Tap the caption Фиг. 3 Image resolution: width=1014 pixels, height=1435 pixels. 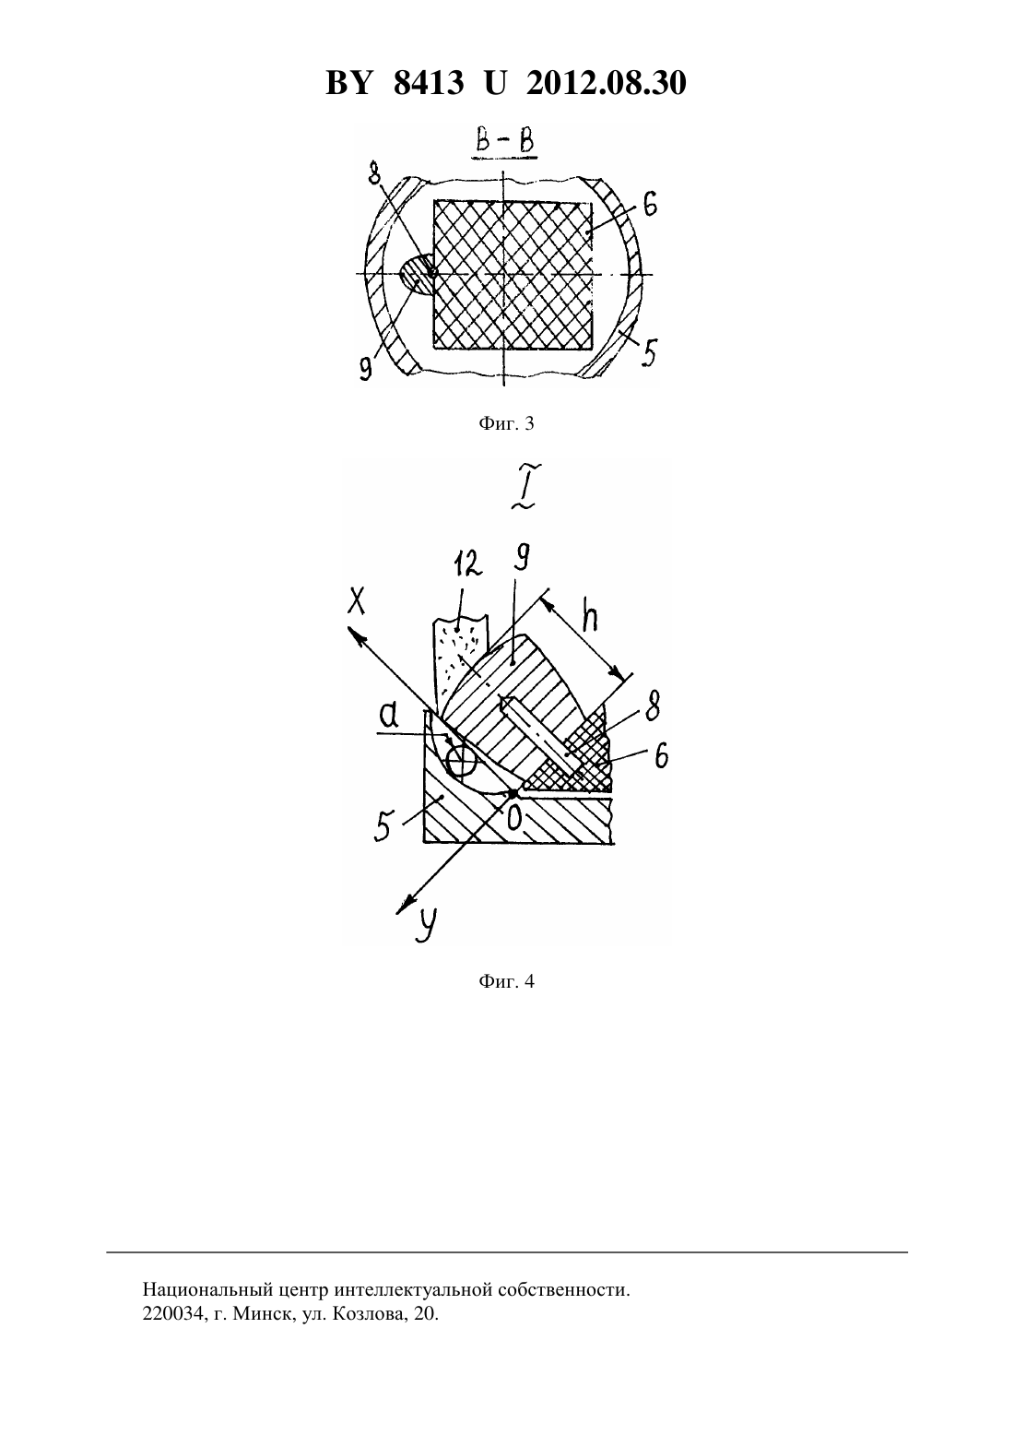(x=506, y=423)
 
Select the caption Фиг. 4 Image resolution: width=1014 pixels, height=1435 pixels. (x=506, y=981)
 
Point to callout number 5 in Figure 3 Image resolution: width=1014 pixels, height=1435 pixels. (x=648, y=351)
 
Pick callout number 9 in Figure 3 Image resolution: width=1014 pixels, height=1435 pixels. (x=366, y=367)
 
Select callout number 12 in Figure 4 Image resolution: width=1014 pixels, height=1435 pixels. (x=466, y=564)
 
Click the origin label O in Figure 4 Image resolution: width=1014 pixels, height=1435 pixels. (x=514, y=816)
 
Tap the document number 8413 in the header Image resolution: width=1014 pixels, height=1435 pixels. (x=429, y=83)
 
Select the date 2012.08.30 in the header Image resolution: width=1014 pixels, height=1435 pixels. (x=607, y=83)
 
